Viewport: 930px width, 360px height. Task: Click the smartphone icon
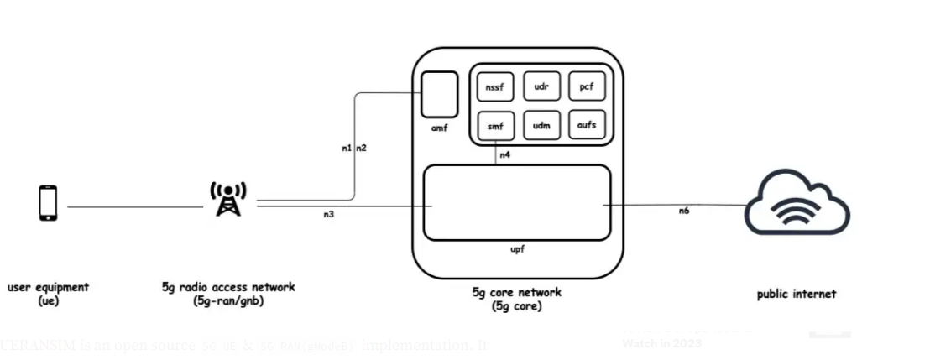[x=49, y=203]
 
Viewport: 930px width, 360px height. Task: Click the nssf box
[x=494, y=86]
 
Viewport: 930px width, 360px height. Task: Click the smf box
[x=494, y=126]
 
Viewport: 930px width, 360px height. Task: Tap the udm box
[x=541, y=126]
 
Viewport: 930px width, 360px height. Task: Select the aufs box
[x=586, y=126]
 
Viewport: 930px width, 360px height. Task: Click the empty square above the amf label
[x=439, y=94]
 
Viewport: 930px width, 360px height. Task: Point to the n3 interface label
[x=329, y=215]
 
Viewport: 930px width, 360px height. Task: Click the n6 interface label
[x=684, y=211]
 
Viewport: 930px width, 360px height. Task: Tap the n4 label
[x=504, y=155]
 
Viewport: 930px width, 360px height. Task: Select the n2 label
[x=362, y=148]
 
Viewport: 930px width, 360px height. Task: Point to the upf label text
[x=517, y=250]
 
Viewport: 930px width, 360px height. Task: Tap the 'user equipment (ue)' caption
[x=48, y=293]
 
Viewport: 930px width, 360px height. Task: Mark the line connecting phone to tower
[x=134, y=206]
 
